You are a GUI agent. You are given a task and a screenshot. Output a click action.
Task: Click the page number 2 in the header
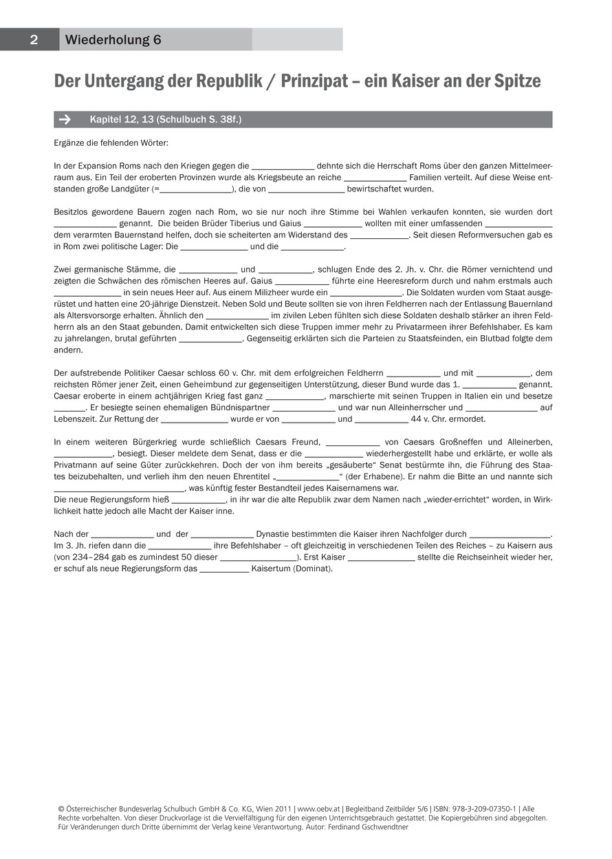(x=33, y=40)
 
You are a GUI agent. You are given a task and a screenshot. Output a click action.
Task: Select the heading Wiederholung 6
(x=113, y=40)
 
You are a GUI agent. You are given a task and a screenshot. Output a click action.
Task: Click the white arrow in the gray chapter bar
(x=65, y=120)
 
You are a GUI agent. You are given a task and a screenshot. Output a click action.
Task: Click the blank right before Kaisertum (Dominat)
(x=224, y=569)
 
